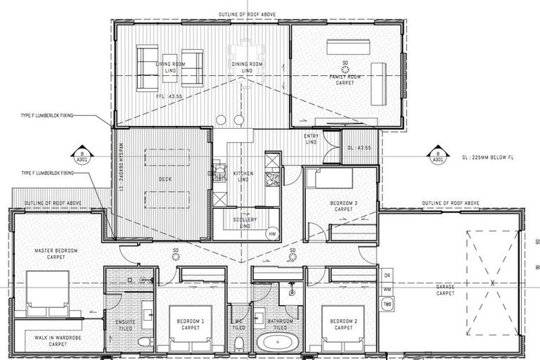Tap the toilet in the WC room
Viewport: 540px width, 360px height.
[x=239, y=343]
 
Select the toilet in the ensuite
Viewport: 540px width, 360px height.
[x=144, y=342]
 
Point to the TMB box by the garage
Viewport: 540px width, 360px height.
[x=387, y=303]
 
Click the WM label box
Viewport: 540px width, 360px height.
[x=387, y=289]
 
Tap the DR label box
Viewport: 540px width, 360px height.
[x=387, y=275]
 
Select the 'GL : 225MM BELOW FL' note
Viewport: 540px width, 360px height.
[x=484, y=157]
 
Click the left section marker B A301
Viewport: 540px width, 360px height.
[x=82, y=155]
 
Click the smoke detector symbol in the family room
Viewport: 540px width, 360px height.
[x=345, y=64]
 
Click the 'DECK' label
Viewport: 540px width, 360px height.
[x=165, y=179]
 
